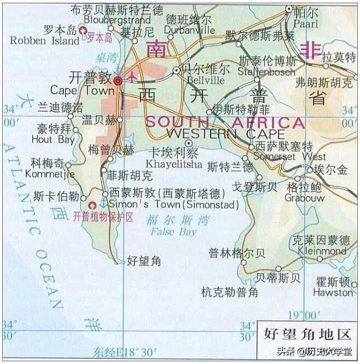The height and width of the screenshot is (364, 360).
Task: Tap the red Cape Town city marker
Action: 118,80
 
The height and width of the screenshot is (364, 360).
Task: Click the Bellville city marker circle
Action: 176,70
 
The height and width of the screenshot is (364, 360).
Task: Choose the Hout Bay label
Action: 53,140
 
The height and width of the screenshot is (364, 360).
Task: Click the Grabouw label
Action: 305,198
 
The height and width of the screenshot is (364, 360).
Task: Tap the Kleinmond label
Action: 322,252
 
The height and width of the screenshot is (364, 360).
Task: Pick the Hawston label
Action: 333,292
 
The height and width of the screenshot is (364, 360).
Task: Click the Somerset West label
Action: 283,157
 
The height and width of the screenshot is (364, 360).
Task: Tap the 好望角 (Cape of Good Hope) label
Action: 143,261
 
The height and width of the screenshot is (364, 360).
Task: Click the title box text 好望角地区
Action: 306,332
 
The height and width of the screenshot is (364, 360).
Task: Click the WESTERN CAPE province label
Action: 225,134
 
